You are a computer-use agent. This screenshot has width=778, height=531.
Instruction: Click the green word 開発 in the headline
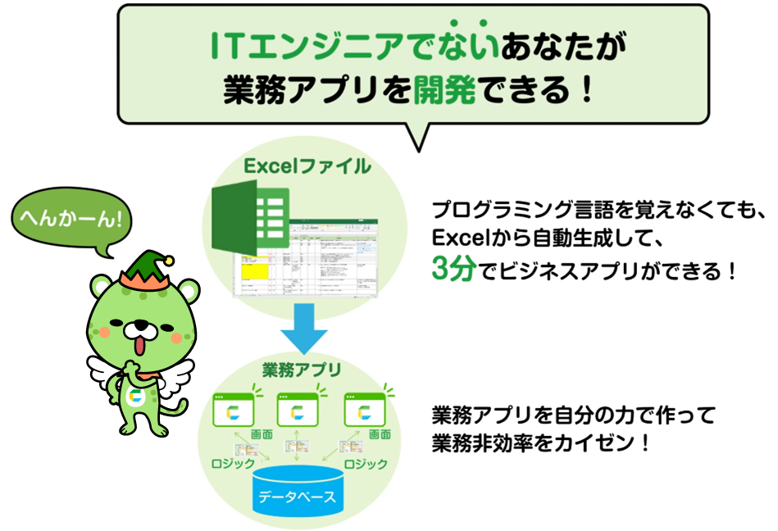point(444,89)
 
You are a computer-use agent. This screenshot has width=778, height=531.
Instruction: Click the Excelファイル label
point(307,167)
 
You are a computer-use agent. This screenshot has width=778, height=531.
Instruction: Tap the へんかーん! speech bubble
point(71,218)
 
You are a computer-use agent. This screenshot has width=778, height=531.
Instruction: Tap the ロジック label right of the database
point(366,465)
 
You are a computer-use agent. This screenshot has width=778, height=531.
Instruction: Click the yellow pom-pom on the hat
point(170,261)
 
